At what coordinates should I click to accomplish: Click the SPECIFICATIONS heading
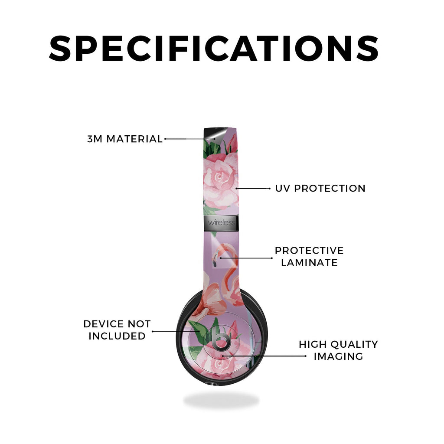coord(214,48)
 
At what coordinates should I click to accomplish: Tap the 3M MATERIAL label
coord(125,139)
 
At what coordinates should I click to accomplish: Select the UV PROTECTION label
coord(320,188)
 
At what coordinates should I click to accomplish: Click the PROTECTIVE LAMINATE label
coord(309,257)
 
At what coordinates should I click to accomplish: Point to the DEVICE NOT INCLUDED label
coord(117,330)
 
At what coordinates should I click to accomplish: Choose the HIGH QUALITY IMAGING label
coord(338,350)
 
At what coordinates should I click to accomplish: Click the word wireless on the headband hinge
coord(221,222)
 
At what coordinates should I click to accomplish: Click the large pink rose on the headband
coord(220,178)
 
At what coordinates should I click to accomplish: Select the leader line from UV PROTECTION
coord(253,188)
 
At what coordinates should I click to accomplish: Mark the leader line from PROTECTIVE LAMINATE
coord(246,258)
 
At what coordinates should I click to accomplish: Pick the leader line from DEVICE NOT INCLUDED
coord(176,331)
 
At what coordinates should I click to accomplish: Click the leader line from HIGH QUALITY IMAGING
coord(264,356)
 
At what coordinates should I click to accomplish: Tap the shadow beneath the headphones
coord(221,400)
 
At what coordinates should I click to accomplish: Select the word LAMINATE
coord(309,263)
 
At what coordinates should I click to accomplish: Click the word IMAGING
coord(338,356)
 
